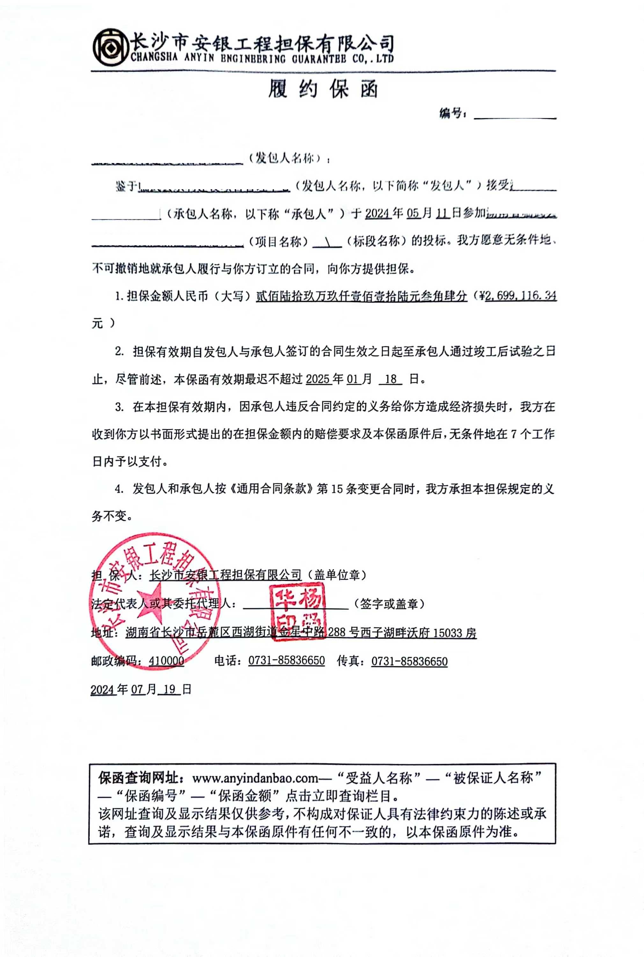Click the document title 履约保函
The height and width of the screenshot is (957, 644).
[323, 89]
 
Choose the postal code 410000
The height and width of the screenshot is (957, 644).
[166, 661]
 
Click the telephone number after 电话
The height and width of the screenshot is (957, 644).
[286, 661]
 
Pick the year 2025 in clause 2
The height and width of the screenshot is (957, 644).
[318, 379]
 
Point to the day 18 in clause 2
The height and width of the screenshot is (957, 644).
[390, 379]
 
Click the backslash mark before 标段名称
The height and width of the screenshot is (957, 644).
[327, 241]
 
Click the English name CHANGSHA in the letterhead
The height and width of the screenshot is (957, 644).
[154, 57]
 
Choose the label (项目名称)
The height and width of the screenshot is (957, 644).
[278, 241]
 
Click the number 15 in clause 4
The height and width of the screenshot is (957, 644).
[336, 489]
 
